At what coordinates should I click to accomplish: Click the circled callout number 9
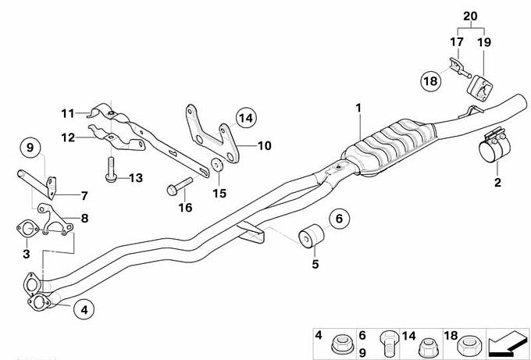pyautogui.click(x=30, y=148)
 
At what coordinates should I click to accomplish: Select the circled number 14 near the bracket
pyautogui.click(x=246, y=118)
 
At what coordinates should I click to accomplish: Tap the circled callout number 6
pyautogui.click(x=339, y=219)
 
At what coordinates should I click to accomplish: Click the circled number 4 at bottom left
pyautogui.click(x=84, y=309)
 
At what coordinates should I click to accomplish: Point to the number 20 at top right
pyautogui.click(x=470, y=16)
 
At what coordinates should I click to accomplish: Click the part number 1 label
pyautogui.click(x=358, y=109)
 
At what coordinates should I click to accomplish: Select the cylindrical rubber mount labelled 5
pyautogui.click(x=312, y=235)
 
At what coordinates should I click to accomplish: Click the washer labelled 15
pyautogui.click(x=216, y=165)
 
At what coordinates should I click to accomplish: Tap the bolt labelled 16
pyautogui.click(x=179, y=187)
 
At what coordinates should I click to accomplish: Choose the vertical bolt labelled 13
pyautogui.click(x=110, y=170)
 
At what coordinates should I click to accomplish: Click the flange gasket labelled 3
pyautogui.click(x=27, y=229)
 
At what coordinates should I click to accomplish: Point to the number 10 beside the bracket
pyautogui.click(x=265, y=145)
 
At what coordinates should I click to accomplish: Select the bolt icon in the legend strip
pyautogui.click(x=388, y=342)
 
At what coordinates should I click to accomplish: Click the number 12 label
pyautogui.click(x=68, y=137)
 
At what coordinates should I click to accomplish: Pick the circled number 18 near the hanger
pyautogui.click(x=431, y=81)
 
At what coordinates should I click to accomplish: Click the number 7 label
pyautogui.click(x=84, y=196)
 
